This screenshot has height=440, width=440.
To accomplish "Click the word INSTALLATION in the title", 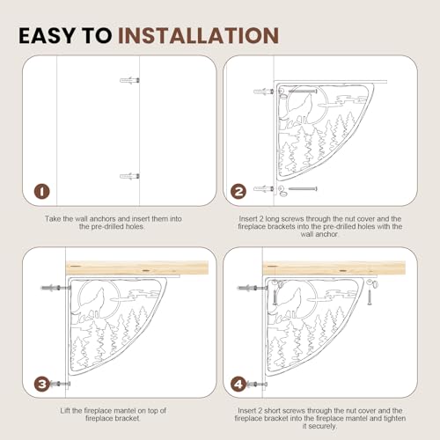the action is (x=198, y=36).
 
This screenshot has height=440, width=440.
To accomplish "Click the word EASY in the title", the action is (x=47, y=36).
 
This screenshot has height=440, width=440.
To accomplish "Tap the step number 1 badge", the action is (x=42, y=192).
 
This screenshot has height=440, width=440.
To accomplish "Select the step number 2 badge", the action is (x=238, y=192).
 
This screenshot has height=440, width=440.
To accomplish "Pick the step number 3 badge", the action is (x=42, y=384).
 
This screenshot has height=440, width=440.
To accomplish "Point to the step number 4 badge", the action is (x=238, y=384).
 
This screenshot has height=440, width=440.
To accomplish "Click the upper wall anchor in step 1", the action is (x=129, y=80).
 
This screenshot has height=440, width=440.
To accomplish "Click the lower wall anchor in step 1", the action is (x=129, y=176).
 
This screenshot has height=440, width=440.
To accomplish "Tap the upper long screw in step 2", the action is (x=303, y=92).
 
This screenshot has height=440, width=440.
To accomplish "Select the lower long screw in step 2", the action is (x=303, y=188).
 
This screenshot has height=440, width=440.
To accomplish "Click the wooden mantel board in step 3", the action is (x=137, y=268).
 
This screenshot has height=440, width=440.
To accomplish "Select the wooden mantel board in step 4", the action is (x=334, y=268).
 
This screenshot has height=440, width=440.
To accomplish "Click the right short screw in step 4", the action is (x=370, y=297).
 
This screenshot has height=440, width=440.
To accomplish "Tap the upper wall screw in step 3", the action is (x=55, y=288).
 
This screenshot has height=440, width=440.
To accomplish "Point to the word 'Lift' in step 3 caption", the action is (x=65, y=411).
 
